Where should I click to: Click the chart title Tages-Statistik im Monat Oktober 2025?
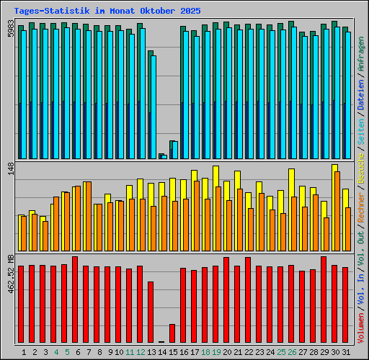[x=107, y=12]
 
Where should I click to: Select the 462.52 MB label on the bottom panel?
[x=10, y=274]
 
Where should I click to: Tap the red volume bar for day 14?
[x=161, y=341]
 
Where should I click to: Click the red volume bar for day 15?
[x=172, y=333]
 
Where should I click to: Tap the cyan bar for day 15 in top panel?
[x=174, y=150]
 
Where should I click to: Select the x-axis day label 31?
[x=346, y=352]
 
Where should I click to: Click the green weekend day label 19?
[x=216, y=352]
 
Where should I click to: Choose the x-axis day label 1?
[x=25, y=352]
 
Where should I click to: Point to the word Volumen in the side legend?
[x=360, y=327]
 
